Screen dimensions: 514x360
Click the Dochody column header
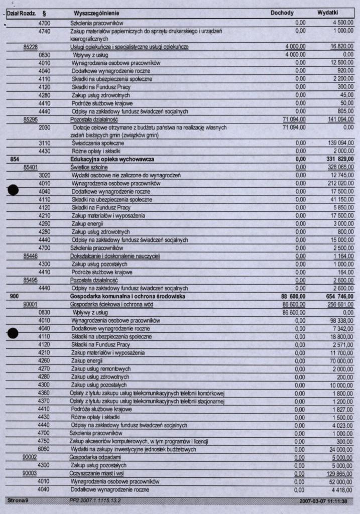[x=282, y=13]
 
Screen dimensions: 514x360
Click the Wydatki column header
[x=328, y=13]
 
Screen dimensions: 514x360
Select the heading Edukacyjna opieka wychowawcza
[x=112, y=159]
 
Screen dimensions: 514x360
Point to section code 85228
[x=32, y=47]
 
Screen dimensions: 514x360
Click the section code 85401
[x=32, y=167]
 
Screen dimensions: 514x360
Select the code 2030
[x=45, y=127]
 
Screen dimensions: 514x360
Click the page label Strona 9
[x=18, y=501]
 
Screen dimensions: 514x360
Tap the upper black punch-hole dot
[x=13, y=190]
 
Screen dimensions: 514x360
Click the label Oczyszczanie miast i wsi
[x=97, y=473]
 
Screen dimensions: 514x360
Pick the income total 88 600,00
[x=293, y=297]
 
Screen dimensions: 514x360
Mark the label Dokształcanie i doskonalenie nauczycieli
[x=115, y=256]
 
